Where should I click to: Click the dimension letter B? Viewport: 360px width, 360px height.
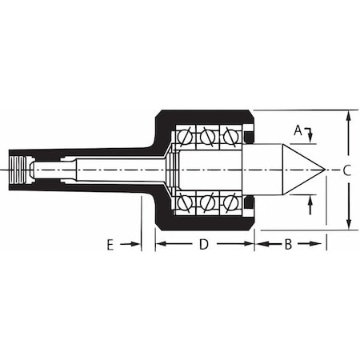tap(288, 245)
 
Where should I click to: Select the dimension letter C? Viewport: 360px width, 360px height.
tap(346, 170)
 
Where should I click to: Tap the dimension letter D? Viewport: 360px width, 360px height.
tap(203, 245)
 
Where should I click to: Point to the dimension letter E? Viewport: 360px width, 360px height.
tap(110, 245)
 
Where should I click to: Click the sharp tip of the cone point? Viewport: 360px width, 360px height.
tap(324, 170)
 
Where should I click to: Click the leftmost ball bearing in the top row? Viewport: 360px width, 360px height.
tap(185, 137)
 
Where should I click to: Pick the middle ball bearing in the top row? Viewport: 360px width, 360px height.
tap(207, 137)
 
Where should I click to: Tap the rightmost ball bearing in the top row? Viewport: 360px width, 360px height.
tap(230, 137)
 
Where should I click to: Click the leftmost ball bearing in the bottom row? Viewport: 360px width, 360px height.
tap(185, 202)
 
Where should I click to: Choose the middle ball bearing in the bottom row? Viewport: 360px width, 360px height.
tap(207, 202)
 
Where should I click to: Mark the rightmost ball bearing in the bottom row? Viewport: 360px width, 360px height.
tap(230, 202)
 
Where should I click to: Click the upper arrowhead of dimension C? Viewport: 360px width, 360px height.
tap(347, 115)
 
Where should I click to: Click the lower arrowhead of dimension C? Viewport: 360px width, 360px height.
tap(347, 225)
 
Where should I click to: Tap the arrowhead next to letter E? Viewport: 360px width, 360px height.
tap(137, 245)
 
